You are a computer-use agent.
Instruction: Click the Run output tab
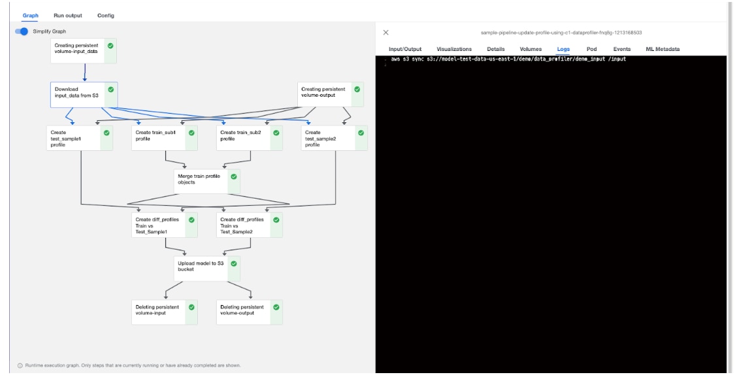coord(68,16)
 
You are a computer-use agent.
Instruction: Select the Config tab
coord(105,16)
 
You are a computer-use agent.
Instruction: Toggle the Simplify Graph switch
coord(22,31)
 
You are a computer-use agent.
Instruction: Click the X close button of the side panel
coord(385,32)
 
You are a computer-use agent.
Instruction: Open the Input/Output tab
coord(405,49)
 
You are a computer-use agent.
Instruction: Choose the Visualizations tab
coord(454,49)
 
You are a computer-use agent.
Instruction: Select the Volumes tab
coord(531,49)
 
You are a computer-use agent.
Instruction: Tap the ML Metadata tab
coord(658,49)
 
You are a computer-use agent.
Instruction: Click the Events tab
coord(621,49)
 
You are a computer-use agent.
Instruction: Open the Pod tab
coord(591,49)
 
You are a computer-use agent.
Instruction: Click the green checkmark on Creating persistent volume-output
coord(357,90)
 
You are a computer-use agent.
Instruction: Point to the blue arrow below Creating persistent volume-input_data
coord(84,72)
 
